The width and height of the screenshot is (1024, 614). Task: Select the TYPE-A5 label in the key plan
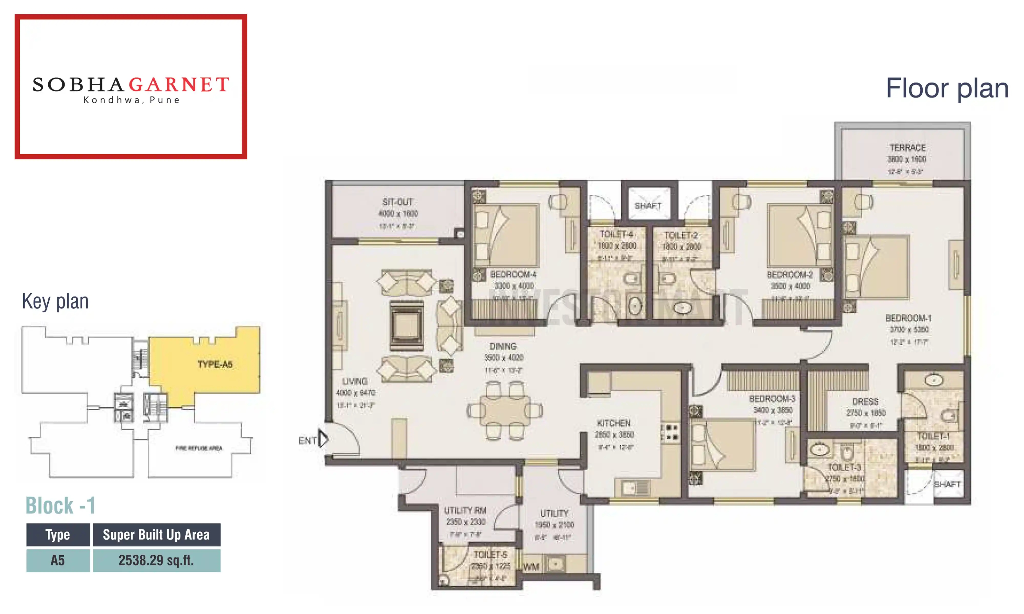tap(215, 364)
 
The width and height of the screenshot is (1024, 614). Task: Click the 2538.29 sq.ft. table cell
tap(156, 560)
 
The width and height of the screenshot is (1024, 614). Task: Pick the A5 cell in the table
tap(58, 560)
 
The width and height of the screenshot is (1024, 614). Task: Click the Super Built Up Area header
tap(156, 534)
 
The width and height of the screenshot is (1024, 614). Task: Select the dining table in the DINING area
tap(505, 411)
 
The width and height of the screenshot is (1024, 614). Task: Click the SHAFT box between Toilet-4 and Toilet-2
tap(648, 206)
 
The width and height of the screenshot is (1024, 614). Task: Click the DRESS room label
tap(865, 401)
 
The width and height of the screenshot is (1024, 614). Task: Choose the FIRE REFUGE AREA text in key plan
tap(199, 448)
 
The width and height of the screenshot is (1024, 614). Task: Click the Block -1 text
tap(60, 506)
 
